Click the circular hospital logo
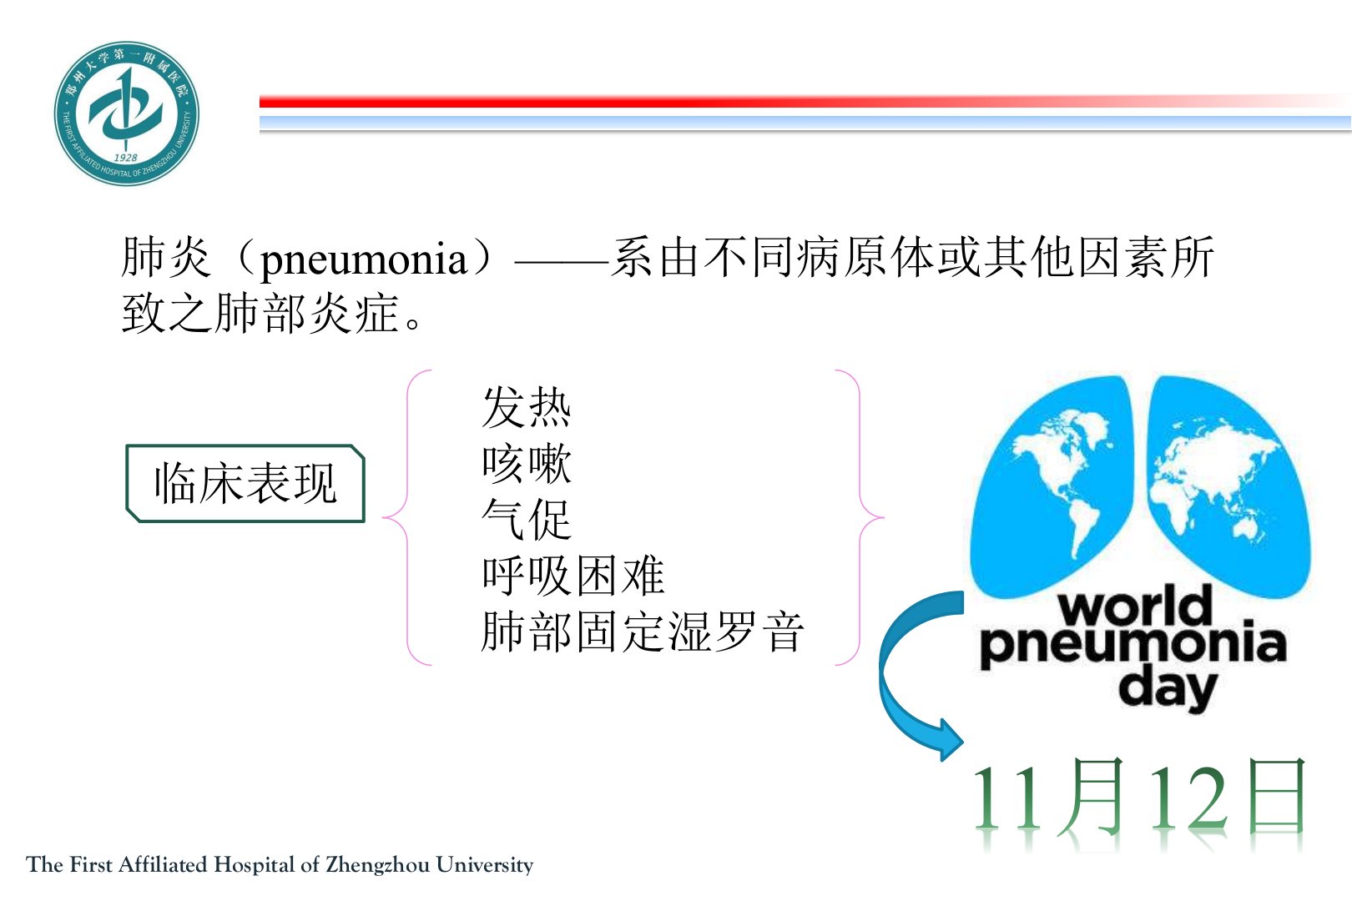tap(126, 113)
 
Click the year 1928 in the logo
tap(125, 158)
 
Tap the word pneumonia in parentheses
tap(363, 259)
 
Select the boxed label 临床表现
tap(245, 483)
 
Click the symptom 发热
tap(527, 407)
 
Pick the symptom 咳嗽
tap(527, 464)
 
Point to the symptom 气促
tap(527, 519)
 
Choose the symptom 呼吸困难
tap(573, 575)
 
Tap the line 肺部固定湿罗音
tap(643, 632)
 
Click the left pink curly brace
tap(407, 518)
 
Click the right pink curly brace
tap(860, 518)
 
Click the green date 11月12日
tap(1138, 798)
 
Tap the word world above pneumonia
tap(1135, 606)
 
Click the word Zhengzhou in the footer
tap(377, 865)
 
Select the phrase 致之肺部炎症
tap(261, 314)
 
